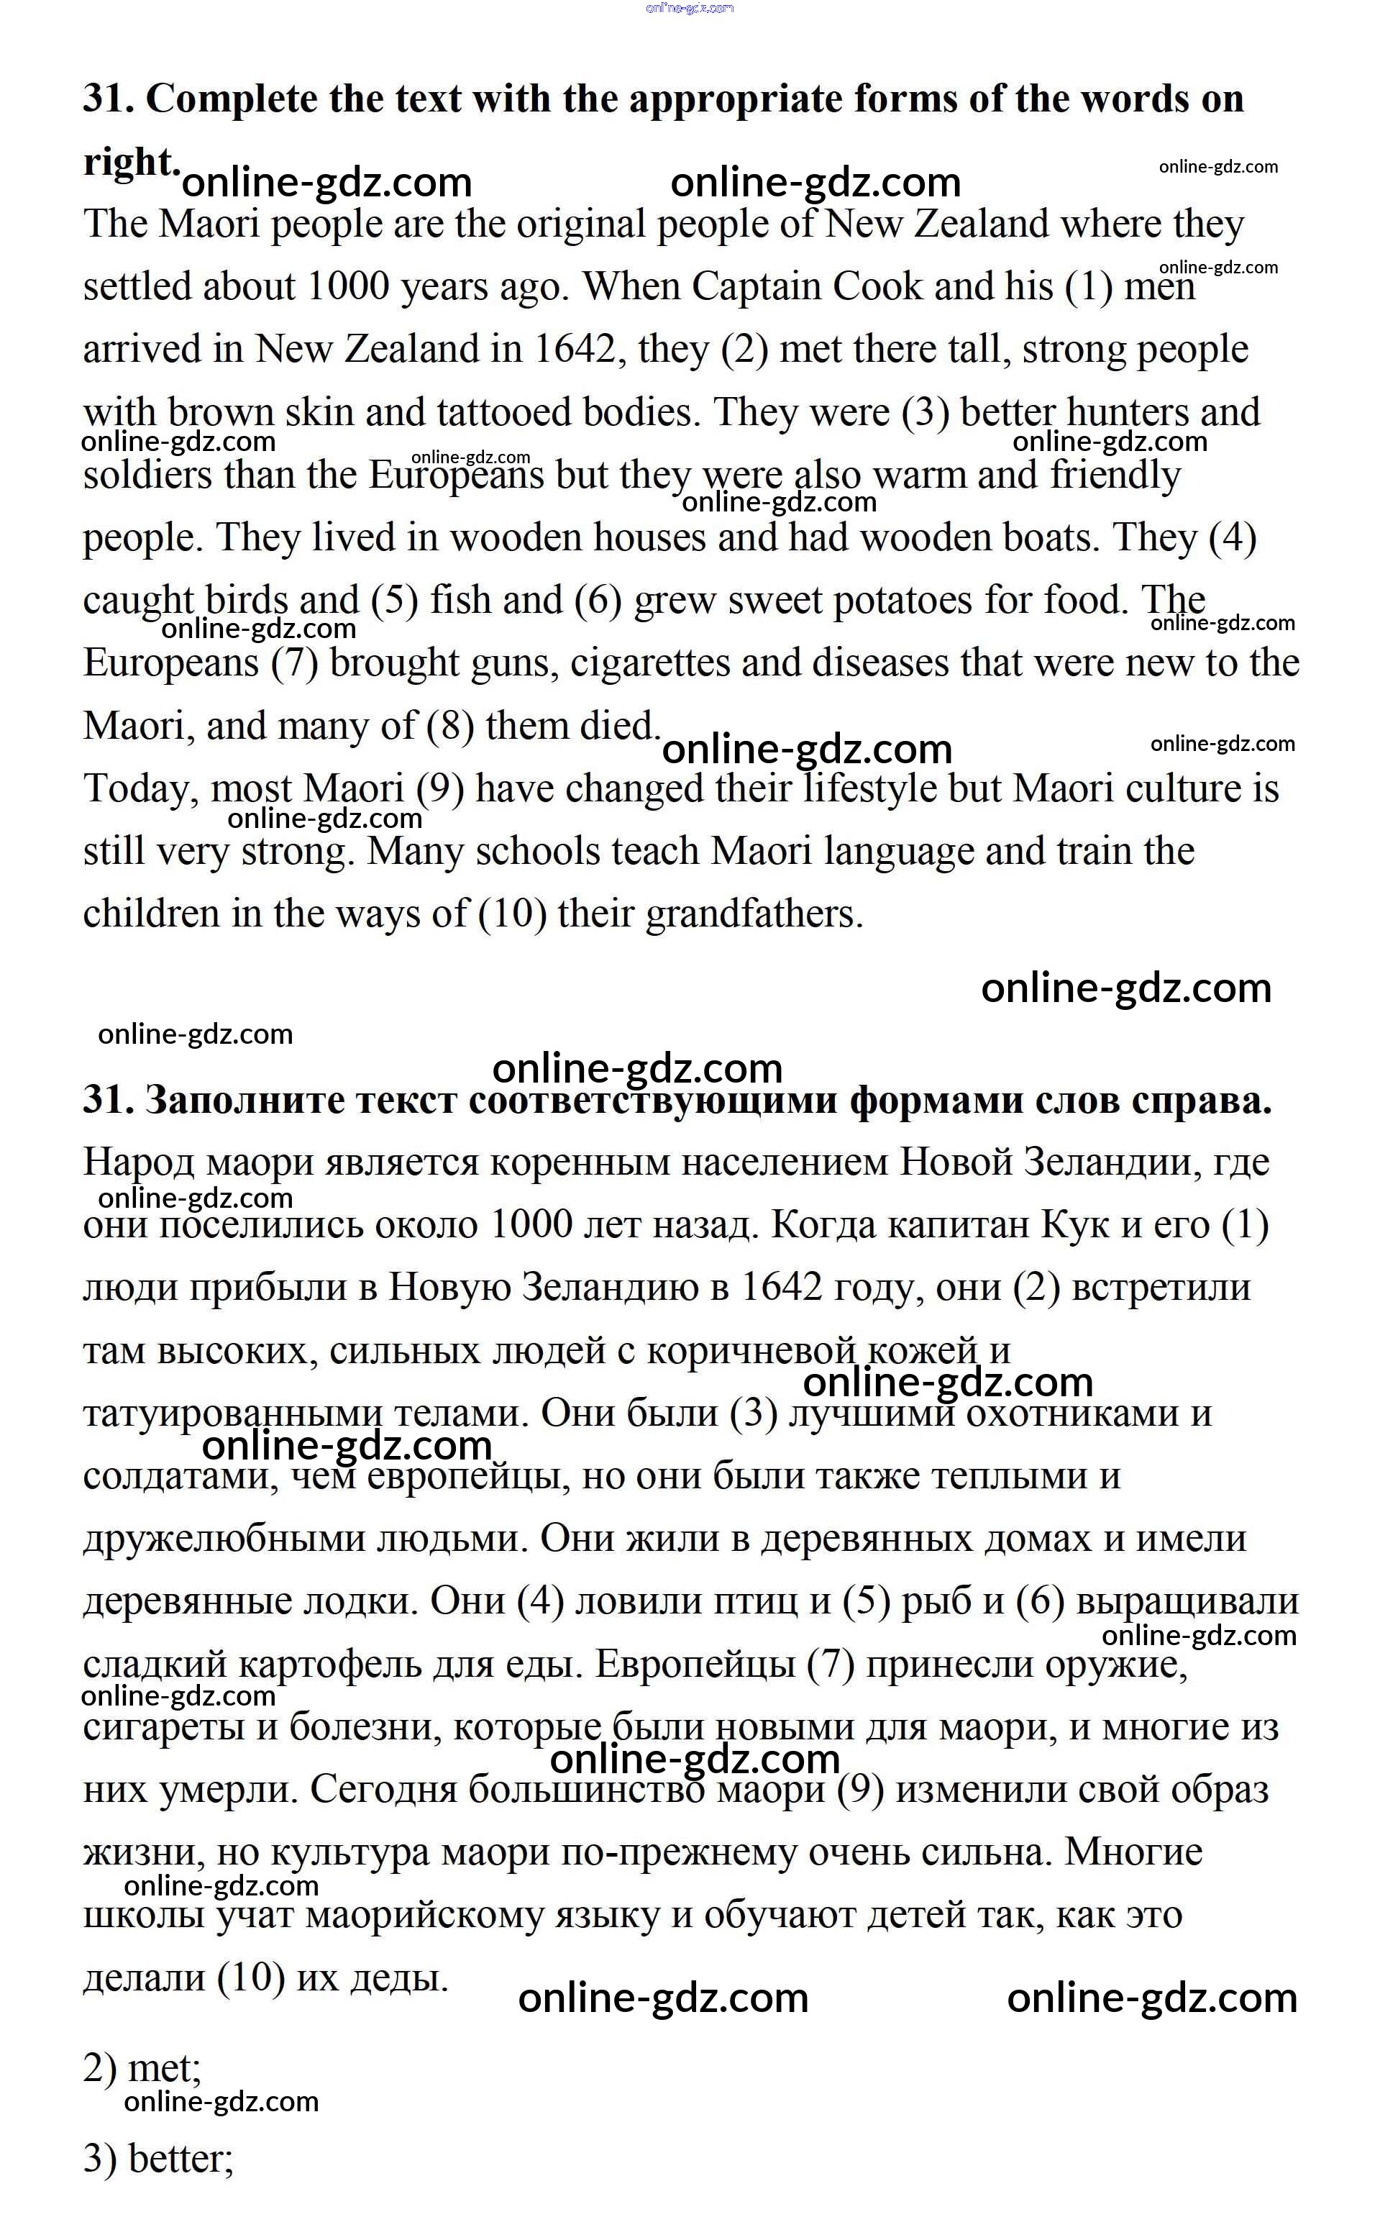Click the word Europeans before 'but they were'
pos(457,475)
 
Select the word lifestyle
pos(872,790)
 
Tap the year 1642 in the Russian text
pos(781,1288)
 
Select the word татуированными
pos(232,1414)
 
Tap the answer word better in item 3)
pos(180,2158)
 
